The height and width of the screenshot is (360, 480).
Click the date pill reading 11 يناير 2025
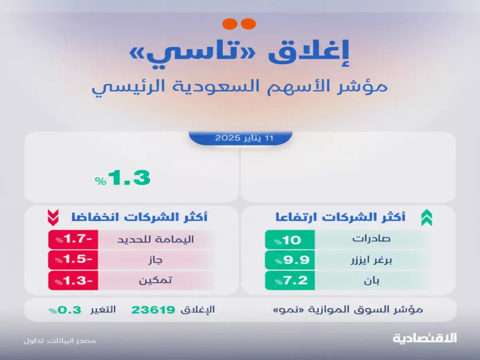[240, 138]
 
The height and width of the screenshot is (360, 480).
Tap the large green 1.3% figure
[123, 178]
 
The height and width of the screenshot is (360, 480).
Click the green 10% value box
[290, 240]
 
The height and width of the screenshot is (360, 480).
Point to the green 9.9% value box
[290, 260]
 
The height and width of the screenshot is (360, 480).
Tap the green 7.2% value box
[290, 281]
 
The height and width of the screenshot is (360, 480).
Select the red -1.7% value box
[73, 240]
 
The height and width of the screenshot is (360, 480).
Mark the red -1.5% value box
[73, 260]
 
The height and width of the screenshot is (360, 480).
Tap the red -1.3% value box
[73, 281]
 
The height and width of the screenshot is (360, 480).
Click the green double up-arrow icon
[426, 218]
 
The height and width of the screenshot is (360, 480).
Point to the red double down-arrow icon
[53, 218]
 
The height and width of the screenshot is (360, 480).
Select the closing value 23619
[154, 310]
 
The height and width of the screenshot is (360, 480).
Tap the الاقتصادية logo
[424, 338]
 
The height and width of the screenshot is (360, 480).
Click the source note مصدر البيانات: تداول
[60, 341]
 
